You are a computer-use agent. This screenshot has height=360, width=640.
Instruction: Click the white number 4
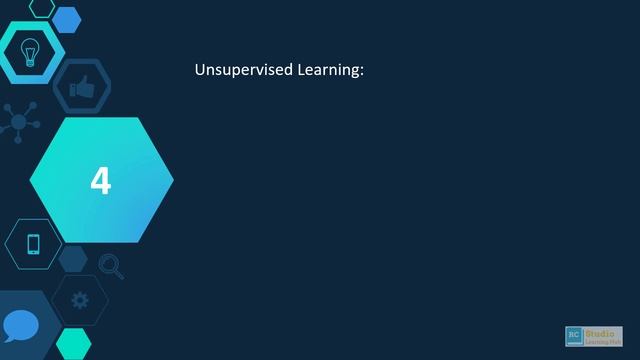(101, 181)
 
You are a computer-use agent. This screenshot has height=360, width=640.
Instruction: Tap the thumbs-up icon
(82, 88)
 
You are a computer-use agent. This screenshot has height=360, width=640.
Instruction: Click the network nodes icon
(18, 122)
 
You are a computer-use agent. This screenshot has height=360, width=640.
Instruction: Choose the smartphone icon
(33, 244)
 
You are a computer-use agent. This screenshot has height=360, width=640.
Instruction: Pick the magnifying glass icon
(110, 266)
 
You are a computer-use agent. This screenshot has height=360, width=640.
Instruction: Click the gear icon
(80, 299)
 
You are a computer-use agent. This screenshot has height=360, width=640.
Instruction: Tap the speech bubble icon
(20, 326)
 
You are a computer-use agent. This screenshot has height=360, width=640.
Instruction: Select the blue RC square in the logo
(574, 334)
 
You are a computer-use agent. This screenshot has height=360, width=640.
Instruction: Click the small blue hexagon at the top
(67, 18)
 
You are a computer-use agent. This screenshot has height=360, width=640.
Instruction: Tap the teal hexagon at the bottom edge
(73, 343)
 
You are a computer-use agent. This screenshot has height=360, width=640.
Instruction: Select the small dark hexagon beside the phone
(73, 259)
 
